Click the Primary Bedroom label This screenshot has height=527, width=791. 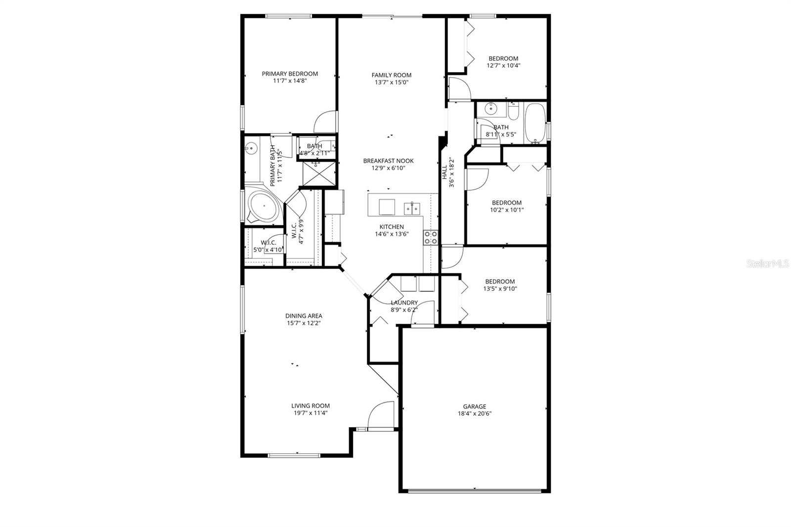[290, 74]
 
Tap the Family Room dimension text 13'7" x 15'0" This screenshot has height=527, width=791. [392, 83]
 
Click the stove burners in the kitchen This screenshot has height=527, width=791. [430, 238]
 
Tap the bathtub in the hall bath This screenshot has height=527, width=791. [535, 122]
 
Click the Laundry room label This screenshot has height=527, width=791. [404, 303]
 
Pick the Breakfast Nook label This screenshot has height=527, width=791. [388, 161]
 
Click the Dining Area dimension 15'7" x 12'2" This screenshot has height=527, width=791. [304, 323]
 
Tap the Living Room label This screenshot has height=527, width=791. [310, 405]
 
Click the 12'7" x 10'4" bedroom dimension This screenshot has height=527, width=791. [503, 65]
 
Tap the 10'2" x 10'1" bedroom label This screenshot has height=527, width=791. [507, 203]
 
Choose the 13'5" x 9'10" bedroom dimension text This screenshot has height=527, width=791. [500, 289]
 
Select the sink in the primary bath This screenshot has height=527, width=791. [251, 147]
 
